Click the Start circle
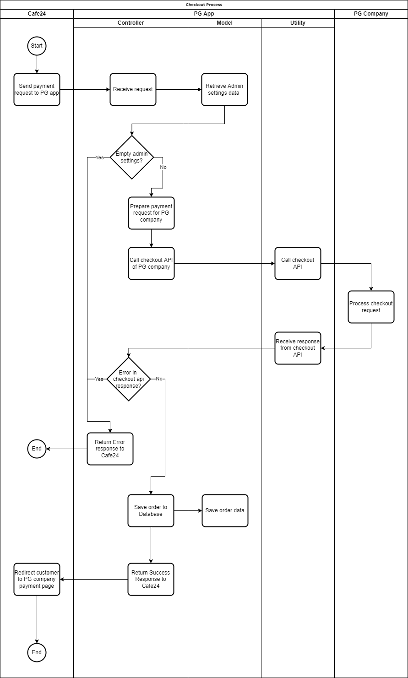(x=37, y=46)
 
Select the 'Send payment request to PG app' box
(x=37, y=89)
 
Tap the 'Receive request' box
(x=133, y=89)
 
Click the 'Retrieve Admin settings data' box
(x=224, y=89)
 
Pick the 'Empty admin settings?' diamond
(x=132, y=157)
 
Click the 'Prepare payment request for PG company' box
(x=151, y=213)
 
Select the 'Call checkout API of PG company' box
(x=151, y=263)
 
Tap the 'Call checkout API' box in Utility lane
(x=298, y=263)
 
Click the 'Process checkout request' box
(x=371, y=307)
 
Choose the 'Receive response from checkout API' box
(x=298, y=348)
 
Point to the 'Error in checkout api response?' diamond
(x=129, y=379)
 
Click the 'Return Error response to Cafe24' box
(x=110, y=449)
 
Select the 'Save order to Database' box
(x=151, y=510)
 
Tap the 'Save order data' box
(x=225, y=510)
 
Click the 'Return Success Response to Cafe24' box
(x=151, y=579)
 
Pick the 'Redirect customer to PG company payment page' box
(x=37, y=579)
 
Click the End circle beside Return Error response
(x=37, y=449)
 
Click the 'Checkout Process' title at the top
(x=204, y=5)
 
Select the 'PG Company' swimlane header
(x=371, y=14)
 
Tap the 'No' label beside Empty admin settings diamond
(x=163, y=167)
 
